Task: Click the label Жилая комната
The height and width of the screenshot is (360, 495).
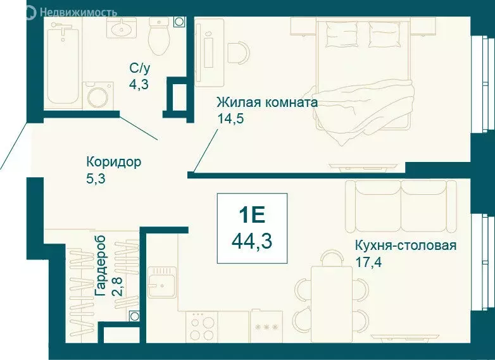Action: coord(266,102)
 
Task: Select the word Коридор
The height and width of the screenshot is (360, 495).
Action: coord(114,162)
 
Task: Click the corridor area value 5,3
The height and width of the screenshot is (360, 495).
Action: coord(96,178)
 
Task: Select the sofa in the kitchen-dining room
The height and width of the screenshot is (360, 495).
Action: coord(401,202)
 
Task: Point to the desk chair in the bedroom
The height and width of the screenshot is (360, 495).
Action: coord(239,53)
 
